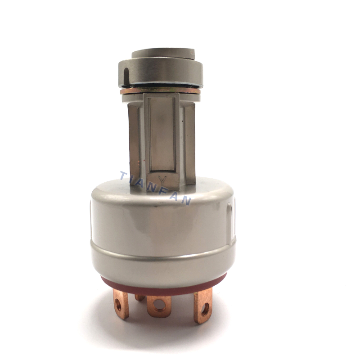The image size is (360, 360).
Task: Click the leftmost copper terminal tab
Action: point(121,304)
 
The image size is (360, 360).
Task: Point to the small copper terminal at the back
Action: point(139,297)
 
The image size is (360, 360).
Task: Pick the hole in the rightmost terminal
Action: point(205,309)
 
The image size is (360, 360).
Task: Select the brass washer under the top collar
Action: point(160,91)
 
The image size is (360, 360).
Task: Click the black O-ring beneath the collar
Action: point(161,86)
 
